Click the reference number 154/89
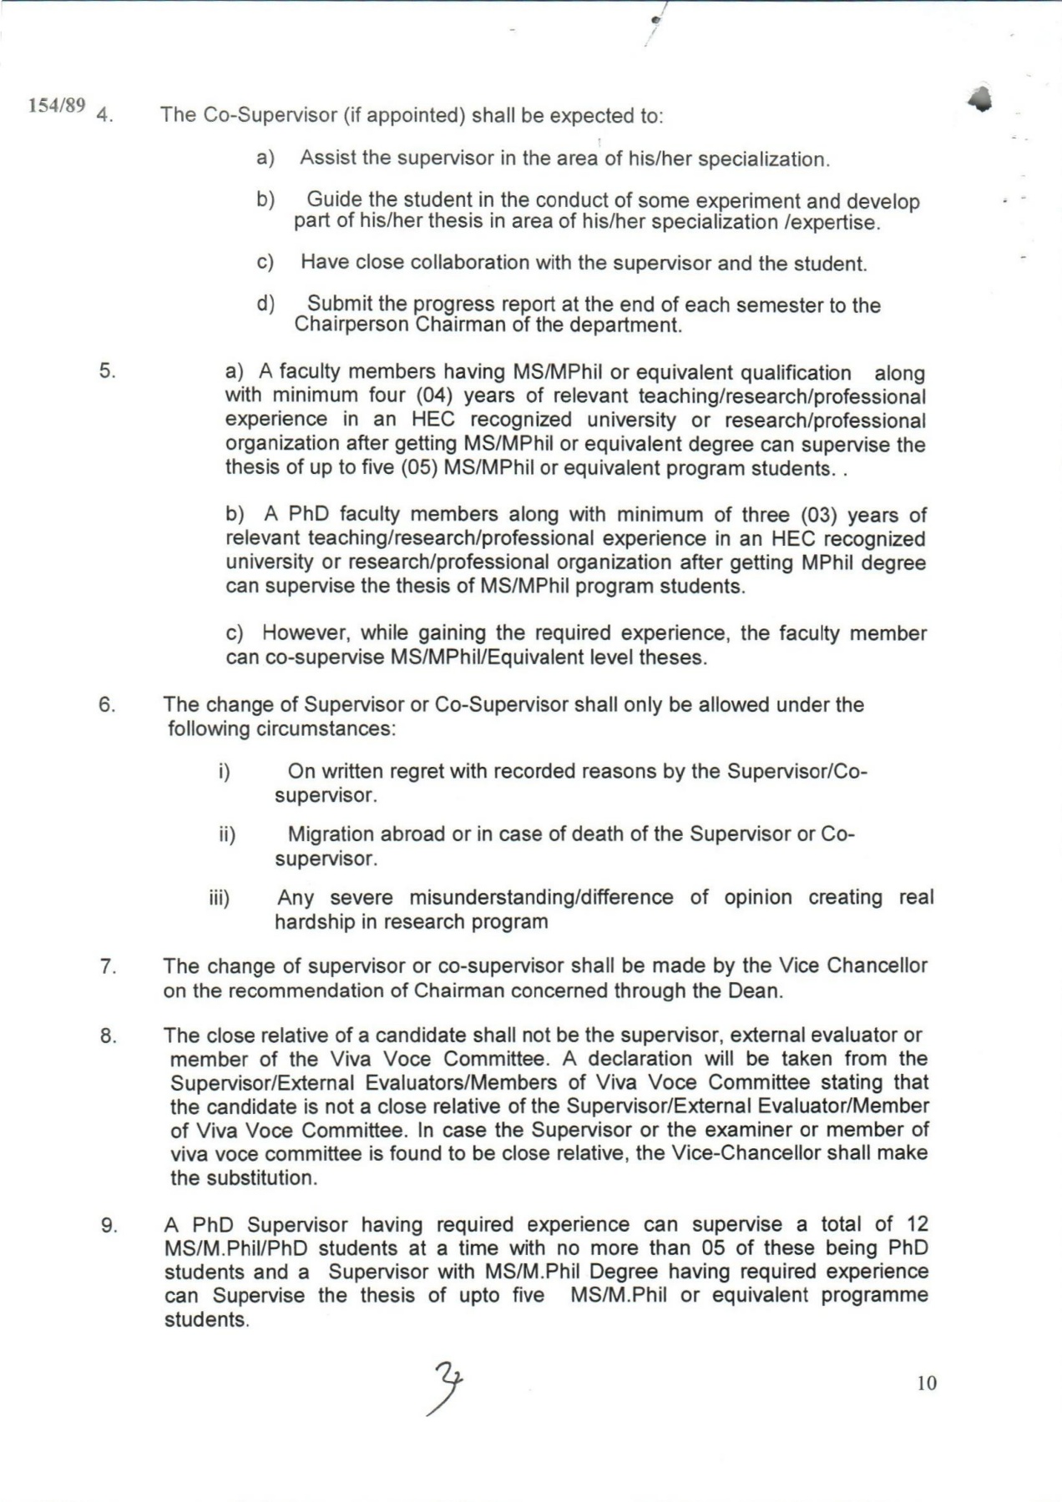pyautogui.click(x=58, y=105)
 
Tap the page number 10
pyautogui.click(x=927, y=1383)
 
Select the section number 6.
pyautogui.click(x=107, y=704)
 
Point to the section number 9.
pyautogui.click(x=108, y=1226)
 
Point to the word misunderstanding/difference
pyautogui.click(x=541, y=897)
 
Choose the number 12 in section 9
pyautogui.click(x=917, y=1224)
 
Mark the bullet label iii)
pyautogui.click(x=219, y=898)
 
